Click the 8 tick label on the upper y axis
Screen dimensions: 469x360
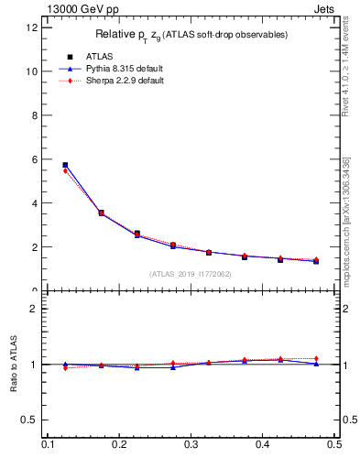click(x=35, y=115)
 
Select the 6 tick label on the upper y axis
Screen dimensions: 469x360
click(x=35, y=159)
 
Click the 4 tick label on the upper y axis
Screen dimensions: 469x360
click(x=35, y=203)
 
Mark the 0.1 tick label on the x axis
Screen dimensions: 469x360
click(x=48, y=444)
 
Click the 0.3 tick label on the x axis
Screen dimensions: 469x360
click(x=191, y=444)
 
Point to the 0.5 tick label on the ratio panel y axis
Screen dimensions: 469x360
click(x=30, y=420)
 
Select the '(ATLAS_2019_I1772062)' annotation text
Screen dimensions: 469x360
click(x=191, y=274)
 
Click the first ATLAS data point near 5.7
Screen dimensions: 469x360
click(x=65, y=165)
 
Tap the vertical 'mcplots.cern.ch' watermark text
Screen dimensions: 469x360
click(x=345, y=220)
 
